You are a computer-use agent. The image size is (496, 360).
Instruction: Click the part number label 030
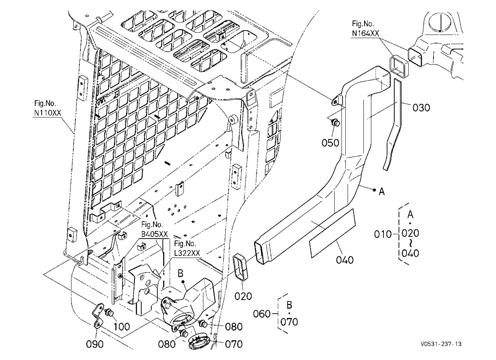[x=421, y=108]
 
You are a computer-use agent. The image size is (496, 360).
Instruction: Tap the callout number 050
[x=330, y=143]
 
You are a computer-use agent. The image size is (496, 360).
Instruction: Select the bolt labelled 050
[x=335, y=122]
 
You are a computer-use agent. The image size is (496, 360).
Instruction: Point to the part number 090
[x=95, y=344]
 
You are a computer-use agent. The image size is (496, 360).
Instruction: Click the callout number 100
[x=122, y=326]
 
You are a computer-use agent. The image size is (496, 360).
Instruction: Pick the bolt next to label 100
[x=110, y=312]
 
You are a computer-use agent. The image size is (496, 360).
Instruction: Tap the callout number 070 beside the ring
[x=234, y=344]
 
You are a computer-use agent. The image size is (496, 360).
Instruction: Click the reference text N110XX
[x=48, y=113]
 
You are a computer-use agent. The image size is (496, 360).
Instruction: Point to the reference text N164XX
[x=366, y=33]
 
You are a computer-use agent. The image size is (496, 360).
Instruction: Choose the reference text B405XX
[x=154, y=234]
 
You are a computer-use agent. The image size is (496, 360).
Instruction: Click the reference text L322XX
[x=187, y=253]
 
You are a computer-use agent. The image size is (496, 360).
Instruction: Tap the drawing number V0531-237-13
[x=441, y=344]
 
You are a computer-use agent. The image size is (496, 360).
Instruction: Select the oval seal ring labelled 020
[x=241, y=267]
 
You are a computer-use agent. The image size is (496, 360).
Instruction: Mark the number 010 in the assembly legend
[x=383, y=235]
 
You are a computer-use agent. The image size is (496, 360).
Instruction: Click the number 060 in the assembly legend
[x=262, y=314]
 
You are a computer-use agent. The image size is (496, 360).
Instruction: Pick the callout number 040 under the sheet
[x=345, y=260]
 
